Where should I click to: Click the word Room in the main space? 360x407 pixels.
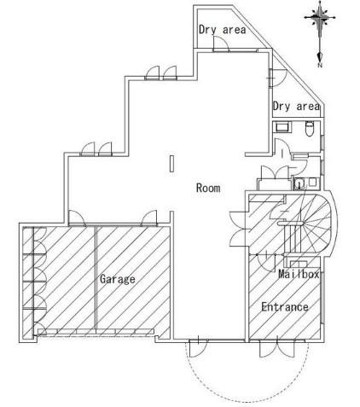(208, 188)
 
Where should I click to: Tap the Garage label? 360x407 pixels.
(118, 279)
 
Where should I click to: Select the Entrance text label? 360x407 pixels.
(285, 307)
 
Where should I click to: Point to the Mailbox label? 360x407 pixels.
(299, 274)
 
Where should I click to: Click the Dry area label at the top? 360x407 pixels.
(222, 30)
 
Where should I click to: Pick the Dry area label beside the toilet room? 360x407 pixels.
(296, 107)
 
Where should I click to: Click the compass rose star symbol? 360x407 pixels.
(320, 18)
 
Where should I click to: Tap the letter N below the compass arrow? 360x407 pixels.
(320, 65)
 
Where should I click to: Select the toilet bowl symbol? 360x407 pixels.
(309, 129)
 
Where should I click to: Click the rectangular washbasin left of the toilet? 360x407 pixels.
(282, 127)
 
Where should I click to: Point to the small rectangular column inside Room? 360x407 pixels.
(171, 164)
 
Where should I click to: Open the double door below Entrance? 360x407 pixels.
(276, 348)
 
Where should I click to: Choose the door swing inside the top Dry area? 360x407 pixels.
(221, 44)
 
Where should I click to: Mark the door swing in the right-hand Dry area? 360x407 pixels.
(278, 78)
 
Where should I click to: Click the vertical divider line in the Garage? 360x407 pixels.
(96, 277)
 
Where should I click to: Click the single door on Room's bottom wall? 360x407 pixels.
(198, 348)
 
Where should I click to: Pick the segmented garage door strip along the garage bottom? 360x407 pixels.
(96, 331)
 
